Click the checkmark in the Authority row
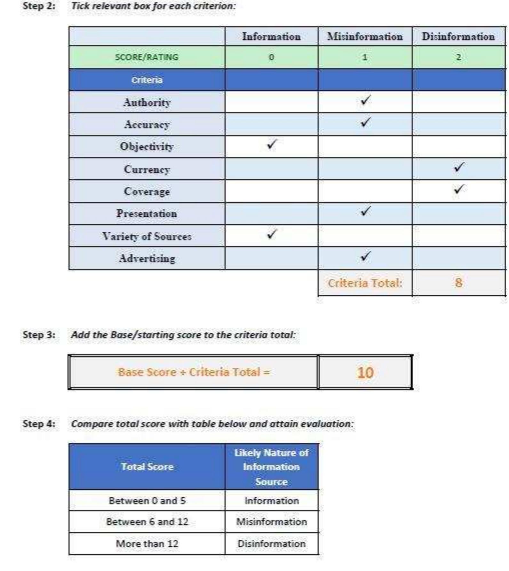[365, 100]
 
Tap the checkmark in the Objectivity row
[272, 145]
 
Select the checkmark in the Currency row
[459, 167]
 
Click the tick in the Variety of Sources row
[272, 234]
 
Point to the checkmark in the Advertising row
[365, 256]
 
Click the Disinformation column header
[458, 36]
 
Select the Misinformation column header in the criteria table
[365, 36]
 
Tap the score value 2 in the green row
[458, 57]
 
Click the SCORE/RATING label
[147, 57]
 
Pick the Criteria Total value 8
[458, 283]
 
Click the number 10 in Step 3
[365, 373]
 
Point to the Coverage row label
[147, 192]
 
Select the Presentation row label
[147, 214]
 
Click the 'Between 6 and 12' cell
[147, 522]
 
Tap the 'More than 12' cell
[147, 544]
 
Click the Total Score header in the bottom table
[147, 467]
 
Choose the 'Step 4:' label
[39, 424]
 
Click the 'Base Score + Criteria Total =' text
[194, 372]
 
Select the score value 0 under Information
[271, 57]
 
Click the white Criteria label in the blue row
[147, 80]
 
